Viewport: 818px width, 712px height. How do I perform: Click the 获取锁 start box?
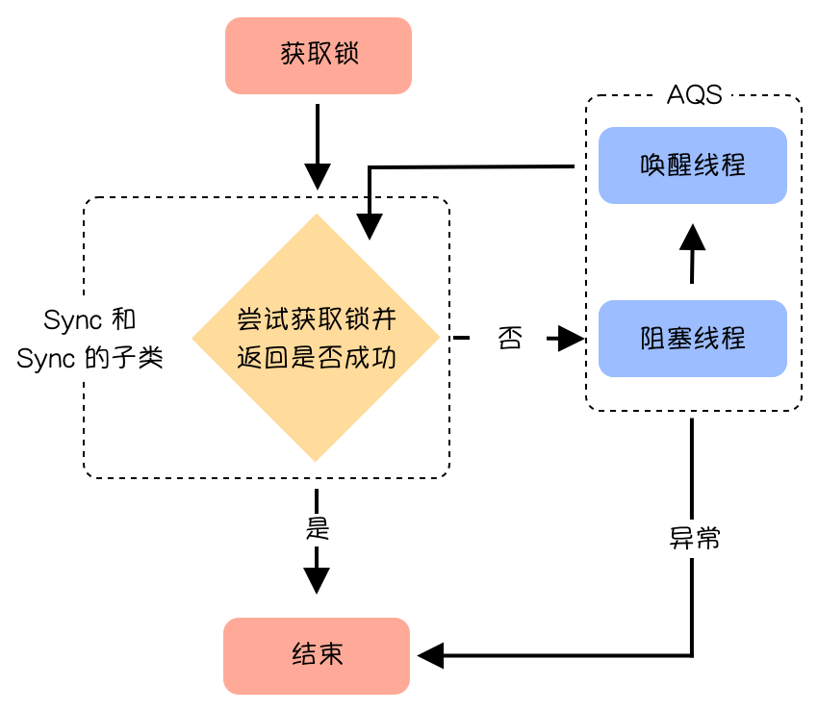[318, 55]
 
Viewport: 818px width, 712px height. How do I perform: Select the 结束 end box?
[317, 655]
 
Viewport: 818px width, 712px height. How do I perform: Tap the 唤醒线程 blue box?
[693, 165]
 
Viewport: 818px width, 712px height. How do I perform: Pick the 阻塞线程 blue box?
[693, 339]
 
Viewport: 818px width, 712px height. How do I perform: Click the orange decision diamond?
[316, 289]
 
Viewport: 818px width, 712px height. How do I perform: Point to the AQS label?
[694, 96]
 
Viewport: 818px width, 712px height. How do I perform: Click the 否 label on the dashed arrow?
[510, 339]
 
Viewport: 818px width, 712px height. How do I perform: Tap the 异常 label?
[695, 538]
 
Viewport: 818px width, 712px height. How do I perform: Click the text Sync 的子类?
[91, 359]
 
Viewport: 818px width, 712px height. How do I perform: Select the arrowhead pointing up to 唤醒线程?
[692, 235]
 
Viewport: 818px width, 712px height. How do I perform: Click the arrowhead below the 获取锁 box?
[317, 175]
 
